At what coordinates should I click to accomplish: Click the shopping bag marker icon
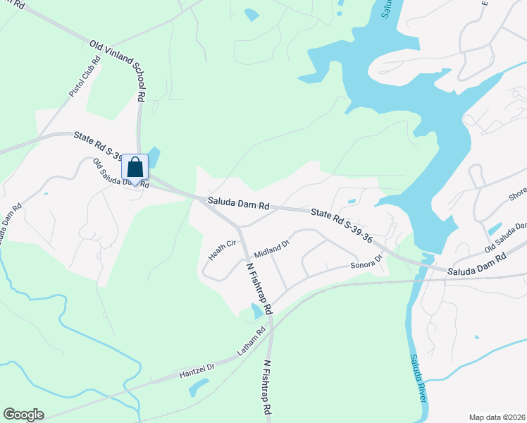pyautogui.click(x=135, y=168)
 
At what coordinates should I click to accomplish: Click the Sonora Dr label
pyautogui.click(x=366, y=262)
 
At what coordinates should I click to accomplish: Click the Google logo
pyautogui.click(x=23, y=415)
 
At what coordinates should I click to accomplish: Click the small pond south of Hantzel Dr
pyautogui.click(x=199, y=386)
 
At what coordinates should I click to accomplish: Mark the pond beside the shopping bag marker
pyautogui.click(x=154, y=155)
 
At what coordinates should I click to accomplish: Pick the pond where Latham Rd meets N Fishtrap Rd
pyautogui.click(x=256, y=310)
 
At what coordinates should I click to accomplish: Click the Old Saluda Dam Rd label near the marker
pyautogui.click(x=121, y=173)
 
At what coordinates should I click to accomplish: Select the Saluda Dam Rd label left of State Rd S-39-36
pyautogui.click(x=238, y=205)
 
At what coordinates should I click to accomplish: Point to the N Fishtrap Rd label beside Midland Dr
pyautogui.click(x=259, y=288)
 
